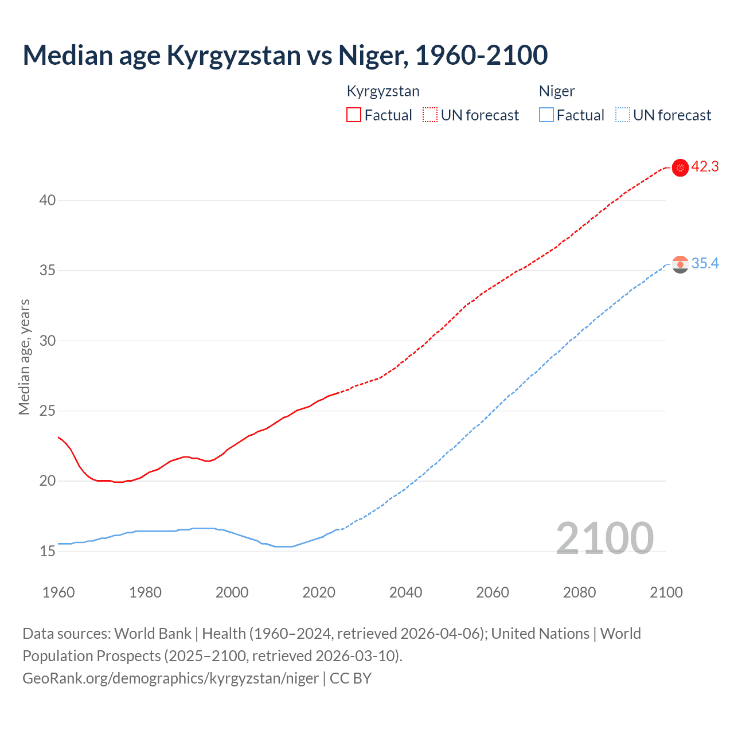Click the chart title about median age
285,55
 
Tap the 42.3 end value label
705,167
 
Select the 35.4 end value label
705,263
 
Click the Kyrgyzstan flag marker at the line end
680,167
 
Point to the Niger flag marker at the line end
680,264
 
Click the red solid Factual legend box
354,115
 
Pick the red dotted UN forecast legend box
430,115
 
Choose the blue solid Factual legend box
546,115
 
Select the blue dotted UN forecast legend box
622,115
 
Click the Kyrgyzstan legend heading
383,91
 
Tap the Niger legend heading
557,91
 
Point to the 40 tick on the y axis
48,200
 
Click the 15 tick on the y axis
48,551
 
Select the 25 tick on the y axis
48,411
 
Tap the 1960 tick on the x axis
58,592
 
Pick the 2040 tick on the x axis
405,592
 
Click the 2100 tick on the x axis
666,592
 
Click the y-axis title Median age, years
24,357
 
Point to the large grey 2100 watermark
604,538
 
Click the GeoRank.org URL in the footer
170,678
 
